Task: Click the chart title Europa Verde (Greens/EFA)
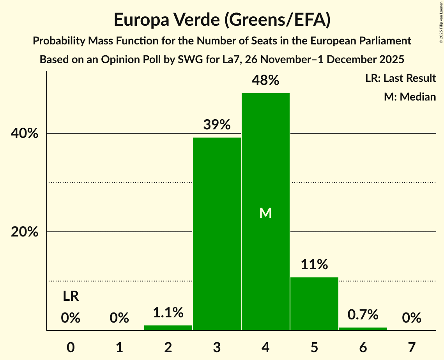(222, 20)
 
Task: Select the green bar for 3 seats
(217, 234)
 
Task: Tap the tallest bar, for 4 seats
(265, 175)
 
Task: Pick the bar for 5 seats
(314, 304)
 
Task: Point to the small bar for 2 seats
(168, 328)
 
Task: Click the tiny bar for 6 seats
(363, 329)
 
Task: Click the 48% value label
(265, 81)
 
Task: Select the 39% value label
(217, 125)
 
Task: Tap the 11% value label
(314, 265)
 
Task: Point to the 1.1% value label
(168, 312)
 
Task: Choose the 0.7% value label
(363, 314)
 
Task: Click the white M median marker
(265, 213)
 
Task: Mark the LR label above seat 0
(71, 296)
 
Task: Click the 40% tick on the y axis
(24, 134)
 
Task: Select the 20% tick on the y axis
(24, 232)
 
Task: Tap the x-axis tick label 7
(412, 347)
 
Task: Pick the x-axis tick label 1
(119, 347)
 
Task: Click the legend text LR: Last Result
(400, 78)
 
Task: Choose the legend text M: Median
(410, 97)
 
